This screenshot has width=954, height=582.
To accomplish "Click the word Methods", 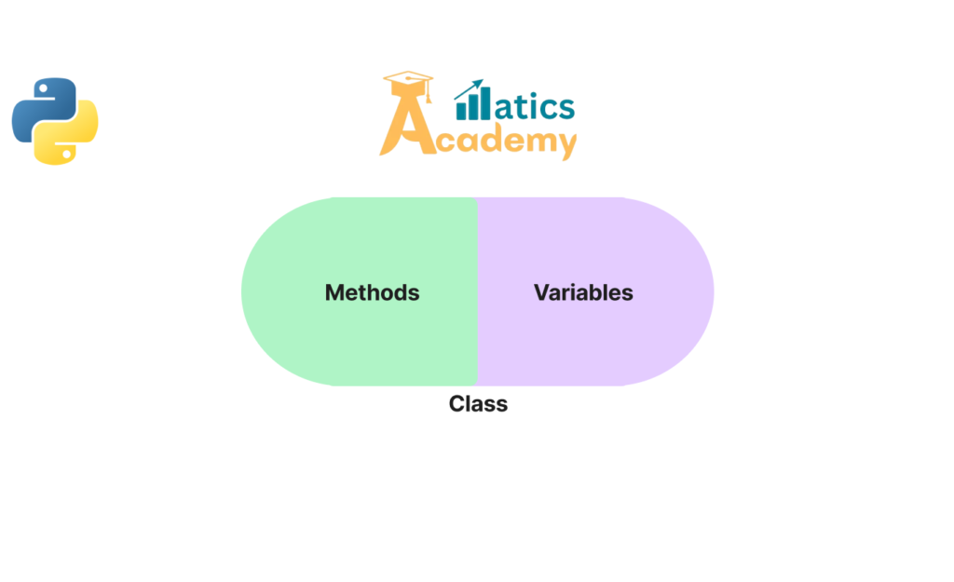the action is click(372, 292).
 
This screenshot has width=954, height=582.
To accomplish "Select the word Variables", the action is click(583, 292).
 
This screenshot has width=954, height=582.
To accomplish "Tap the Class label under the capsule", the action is click(478, 404).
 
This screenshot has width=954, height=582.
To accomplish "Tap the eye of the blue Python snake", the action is click(43, 88).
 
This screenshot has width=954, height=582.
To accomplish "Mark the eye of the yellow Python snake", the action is click(67, 154).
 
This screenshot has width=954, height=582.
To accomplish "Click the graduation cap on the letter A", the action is click(408, 83).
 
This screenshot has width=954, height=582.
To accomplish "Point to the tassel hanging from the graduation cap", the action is click(429, 91).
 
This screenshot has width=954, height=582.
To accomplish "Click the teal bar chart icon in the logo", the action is click(472, 101).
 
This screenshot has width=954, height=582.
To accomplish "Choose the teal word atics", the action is click(534, 106).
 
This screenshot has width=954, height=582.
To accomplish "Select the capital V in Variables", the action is click(542, 292).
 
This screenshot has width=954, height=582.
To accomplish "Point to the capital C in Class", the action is click(457, 404).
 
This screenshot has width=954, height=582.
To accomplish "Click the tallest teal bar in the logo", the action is click(484, 102).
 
